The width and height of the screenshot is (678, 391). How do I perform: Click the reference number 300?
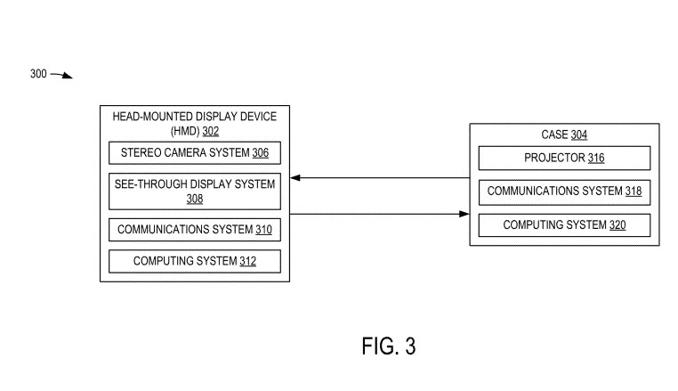37,74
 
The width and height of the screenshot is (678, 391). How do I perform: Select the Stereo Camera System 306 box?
194,153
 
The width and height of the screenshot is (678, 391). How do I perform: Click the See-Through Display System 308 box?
194,191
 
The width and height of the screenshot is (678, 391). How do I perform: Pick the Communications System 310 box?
194,230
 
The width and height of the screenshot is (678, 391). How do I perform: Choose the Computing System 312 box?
194,261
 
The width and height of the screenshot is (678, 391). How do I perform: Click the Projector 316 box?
564,158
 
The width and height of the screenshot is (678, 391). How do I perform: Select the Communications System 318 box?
564,191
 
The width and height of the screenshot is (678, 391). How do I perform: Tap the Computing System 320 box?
564,225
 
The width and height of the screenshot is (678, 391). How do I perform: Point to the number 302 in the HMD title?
210,131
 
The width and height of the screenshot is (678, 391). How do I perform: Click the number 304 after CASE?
578,135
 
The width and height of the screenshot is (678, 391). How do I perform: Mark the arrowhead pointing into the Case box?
464,214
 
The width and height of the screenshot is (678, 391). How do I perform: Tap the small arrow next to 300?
62,76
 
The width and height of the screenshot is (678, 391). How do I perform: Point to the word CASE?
554,135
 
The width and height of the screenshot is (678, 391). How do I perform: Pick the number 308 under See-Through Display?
194,200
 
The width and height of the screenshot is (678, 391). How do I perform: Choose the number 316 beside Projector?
595,158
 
